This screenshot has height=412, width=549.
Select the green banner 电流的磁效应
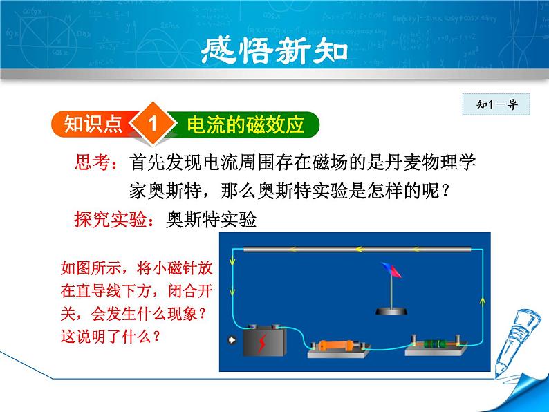[x=245, y=125]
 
